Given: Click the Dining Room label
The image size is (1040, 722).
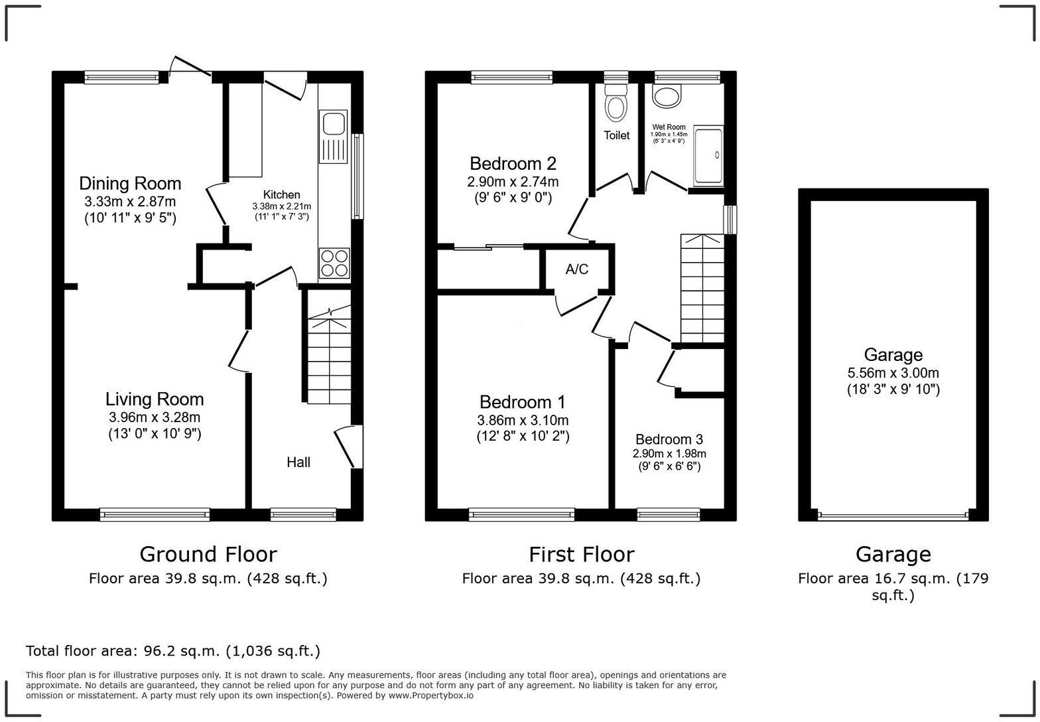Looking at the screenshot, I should [130, 183].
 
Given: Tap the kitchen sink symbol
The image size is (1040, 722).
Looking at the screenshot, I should [333, 125].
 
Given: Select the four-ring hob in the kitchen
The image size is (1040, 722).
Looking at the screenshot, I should [334, 263].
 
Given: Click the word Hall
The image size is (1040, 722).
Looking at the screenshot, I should [298, 463].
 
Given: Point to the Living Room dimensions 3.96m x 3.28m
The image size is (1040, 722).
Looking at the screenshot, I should [155, 417].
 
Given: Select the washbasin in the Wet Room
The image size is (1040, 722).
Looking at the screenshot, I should [667, 97].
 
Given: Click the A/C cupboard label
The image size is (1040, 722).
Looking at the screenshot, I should [576, 269].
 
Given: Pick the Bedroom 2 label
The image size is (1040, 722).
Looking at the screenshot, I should [513, 163].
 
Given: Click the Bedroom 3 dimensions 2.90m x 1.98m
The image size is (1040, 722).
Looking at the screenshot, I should [669, 454].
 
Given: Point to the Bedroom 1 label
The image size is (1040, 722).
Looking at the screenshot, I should [523, 402].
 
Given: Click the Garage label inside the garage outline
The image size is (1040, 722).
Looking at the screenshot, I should [893, 355].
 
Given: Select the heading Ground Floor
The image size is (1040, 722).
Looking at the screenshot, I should [208, 554].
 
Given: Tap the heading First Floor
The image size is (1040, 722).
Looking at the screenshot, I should [581, 554].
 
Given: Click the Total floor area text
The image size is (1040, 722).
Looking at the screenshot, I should [172, 651].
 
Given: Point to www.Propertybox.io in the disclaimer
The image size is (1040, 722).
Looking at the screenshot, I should [431, 695].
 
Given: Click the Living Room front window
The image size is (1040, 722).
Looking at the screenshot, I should [155, 514].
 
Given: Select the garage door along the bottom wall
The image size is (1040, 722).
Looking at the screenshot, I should [893, 514].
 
